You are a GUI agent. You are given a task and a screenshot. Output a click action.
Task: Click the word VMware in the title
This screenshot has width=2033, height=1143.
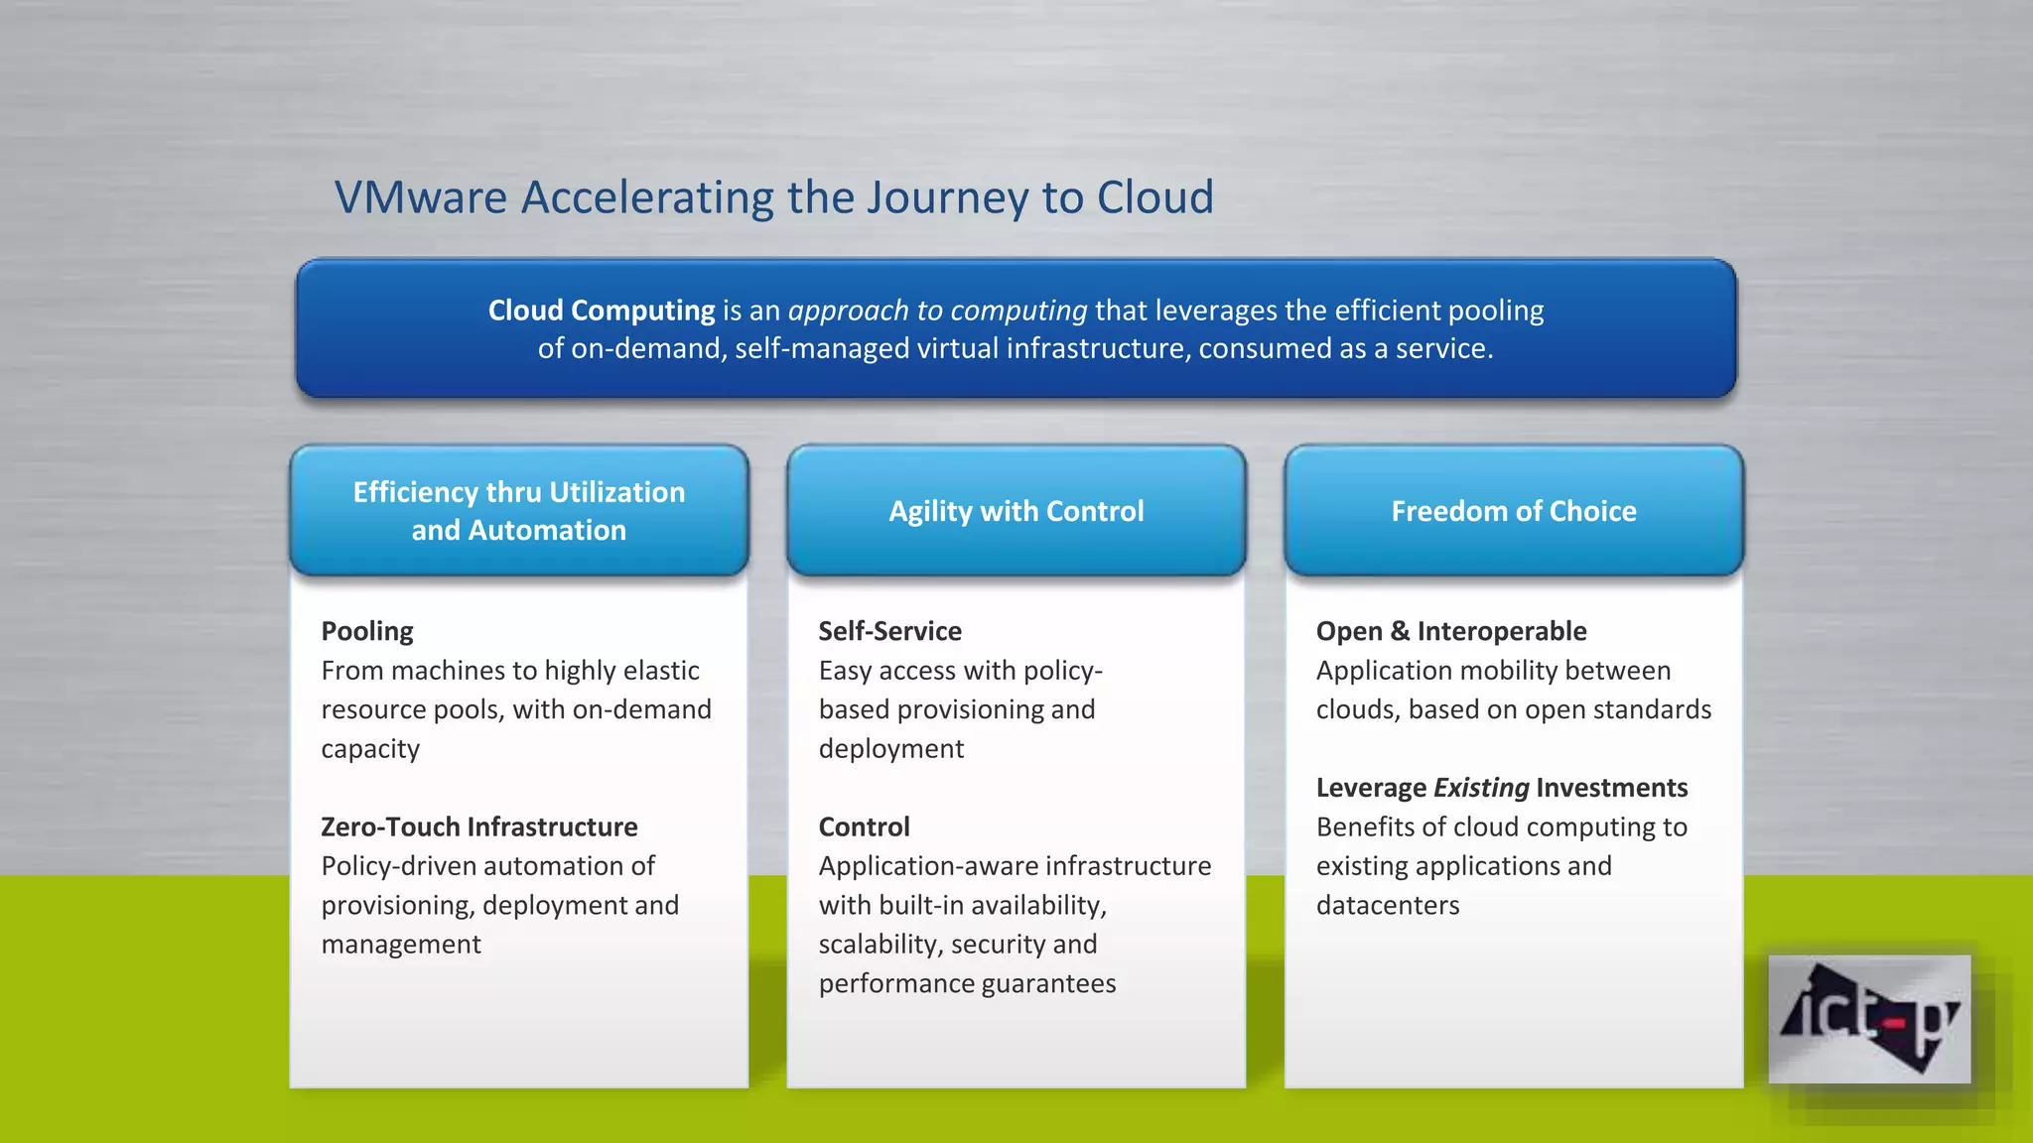tap(421, 197)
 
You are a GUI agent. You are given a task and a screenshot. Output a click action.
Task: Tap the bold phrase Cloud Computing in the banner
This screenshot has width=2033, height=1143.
tap(601, 311)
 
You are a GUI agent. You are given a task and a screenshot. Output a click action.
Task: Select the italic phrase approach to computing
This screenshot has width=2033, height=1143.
tap(937, 311)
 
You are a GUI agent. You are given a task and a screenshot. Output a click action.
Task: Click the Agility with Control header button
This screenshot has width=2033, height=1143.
tap(1016, 511)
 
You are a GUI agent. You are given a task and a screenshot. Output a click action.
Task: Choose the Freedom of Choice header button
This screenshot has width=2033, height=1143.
tap(1513, 511)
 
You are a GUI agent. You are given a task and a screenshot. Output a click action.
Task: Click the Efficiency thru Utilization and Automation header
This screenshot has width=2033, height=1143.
tap(518, 511)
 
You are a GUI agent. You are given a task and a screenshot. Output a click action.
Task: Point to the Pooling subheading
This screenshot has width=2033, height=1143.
tap(366, 631)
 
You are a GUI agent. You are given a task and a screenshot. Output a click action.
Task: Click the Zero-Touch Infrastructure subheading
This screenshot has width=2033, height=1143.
tap(478, 826)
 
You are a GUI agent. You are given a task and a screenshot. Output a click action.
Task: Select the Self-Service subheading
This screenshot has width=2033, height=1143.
tap(889, 631)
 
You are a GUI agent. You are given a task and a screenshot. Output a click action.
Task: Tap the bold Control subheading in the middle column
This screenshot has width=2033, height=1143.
tap(864, 826)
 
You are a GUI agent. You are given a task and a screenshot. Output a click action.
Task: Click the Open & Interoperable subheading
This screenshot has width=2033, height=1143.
tap(1450, 631)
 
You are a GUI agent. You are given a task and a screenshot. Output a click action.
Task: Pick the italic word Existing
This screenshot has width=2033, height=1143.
tap(1481, 788)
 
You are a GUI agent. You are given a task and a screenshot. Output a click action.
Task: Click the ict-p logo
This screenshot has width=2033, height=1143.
tap(1869, 1019)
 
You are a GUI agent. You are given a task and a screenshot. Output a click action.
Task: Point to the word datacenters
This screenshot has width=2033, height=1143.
tap(1387, 905)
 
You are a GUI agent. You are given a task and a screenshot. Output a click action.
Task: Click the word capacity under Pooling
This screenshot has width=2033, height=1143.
tap(370, 749)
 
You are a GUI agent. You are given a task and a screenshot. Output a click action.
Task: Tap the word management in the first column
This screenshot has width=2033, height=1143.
tap(401, 945)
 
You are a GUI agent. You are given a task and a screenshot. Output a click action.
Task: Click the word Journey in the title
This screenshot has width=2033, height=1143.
tap(947, 197)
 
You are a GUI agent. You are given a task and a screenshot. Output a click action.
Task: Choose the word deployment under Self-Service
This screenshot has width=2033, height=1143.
tap(890, 749)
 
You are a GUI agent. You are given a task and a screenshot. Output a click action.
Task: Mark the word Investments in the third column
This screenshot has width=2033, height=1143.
tap(1610, 788)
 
